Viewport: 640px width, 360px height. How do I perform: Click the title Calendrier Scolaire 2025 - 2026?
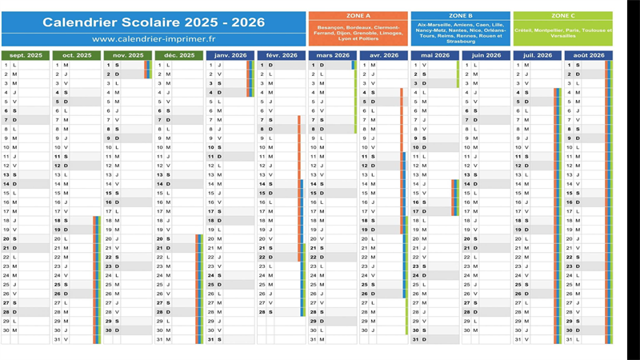coord(154,22)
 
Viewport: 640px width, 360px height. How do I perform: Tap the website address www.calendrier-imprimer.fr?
coord(154,38)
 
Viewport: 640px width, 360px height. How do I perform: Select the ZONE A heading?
coord(358,15)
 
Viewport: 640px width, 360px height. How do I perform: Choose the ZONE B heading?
coord(460,15)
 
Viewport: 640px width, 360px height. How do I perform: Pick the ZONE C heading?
coord(562,15)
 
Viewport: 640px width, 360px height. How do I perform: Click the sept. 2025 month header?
coord(25,55)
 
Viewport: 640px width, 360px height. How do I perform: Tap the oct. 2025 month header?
coord(77,55)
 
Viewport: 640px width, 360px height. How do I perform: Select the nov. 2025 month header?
coord(127,55)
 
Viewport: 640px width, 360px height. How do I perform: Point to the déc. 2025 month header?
coord(179,55)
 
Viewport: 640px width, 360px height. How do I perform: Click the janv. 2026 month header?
coord(230,55)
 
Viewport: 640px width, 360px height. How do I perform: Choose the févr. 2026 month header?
coord(281,55)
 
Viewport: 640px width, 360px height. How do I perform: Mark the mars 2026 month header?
coord(332,55)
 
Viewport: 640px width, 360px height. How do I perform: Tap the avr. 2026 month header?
coord(383,55)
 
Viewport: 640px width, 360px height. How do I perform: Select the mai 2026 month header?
coord(434,55)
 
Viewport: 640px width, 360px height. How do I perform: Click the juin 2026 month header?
coord(486,55)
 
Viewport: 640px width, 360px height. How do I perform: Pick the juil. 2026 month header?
coord(537,55)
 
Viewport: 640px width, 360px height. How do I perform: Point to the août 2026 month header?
coord(588,55)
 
